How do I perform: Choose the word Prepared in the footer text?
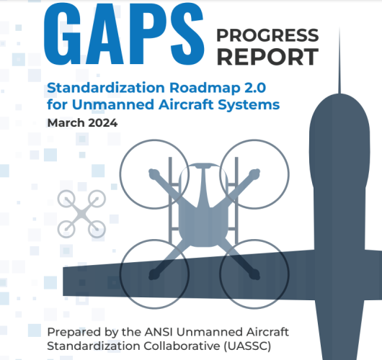pyautogui.click(x=69, y=332)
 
